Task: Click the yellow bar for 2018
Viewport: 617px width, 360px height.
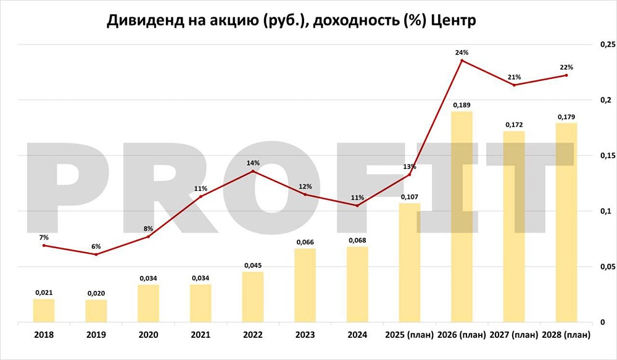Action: point(44,311)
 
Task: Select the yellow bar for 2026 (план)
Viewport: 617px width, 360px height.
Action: point(462,217)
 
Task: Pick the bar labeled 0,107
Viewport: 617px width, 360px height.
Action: point(410,262)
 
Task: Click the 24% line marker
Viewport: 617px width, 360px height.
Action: point(462,61)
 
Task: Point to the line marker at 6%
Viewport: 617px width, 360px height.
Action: point(96,254)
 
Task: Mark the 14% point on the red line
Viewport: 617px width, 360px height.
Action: point(253,171)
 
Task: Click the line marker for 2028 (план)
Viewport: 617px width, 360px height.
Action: point(566,75)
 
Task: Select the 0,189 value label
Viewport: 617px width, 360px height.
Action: point(462,106)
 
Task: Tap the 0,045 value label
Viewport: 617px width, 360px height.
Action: point(253,266)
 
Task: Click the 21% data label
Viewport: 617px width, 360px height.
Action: point(515,77)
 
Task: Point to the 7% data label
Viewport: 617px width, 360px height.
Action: point(44,237)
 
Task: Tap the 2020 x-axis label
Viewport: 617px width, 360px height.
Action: point(148,335)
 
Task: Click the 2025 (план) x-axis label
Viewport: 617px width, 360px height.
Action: point(410,335)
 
